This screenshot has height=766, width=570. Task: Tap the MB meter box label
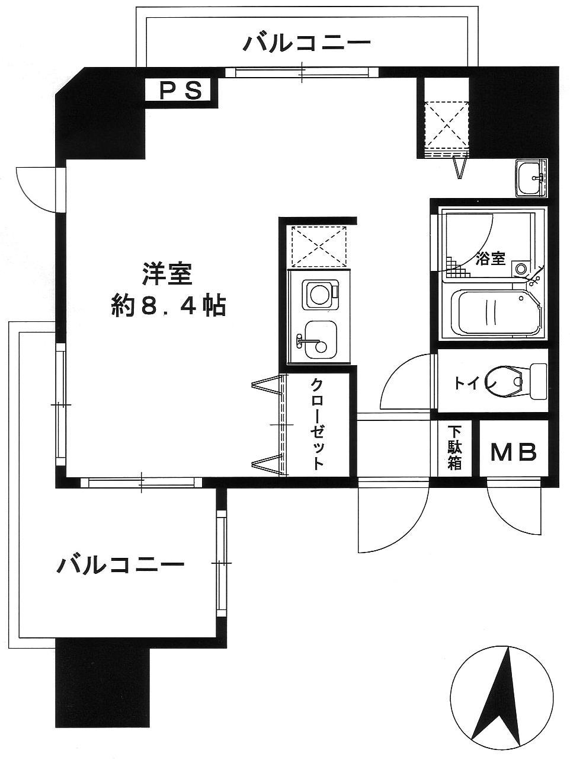(x=514, y=452)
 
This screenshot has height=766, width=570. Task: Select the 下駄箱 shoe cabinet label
(x=454, y=448)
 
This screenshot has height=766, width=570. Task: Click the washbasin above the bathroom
(x=531, y=178)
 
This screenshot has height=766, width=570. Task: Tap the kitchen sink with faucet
(x=319, y=343)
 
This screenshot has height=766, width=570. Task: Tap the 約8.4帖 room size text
(x=168, y=305)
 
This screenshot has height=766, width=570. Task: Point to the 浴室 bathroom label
(x=491, y=258)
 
